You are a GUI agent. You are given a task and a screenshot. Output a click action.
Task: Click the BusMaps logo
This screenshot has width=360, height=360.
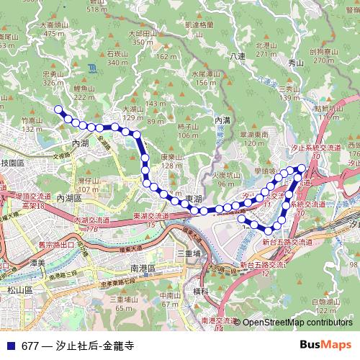point(326,345)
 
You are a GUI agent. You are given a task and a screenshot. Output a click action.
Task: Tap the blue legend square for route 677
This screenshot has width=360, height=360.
point(10,345)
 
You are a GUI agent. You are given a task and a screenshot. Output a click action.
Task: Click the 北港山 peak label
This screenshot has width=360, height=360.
point(266,45)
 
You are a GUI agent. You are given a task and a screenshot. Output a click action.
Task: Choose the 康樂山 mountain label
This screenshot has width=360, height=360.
point(171,157)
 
